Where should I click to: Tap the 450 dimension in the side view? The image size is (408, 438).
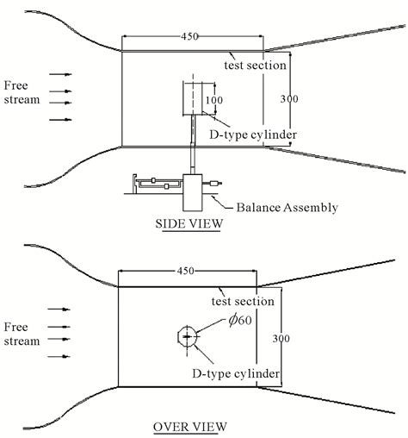[x=193, y=37]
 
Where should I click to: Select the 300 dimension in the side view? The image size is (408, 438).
[x=290, y=98]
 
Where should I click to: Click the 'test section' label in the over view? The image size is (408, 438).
[x=243, y=301]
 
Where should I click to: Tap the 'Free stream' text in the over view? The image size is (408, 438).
[x=22, y=334]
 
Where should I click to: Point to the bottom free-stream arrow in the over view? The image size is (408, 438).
[x=59, y=355]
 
